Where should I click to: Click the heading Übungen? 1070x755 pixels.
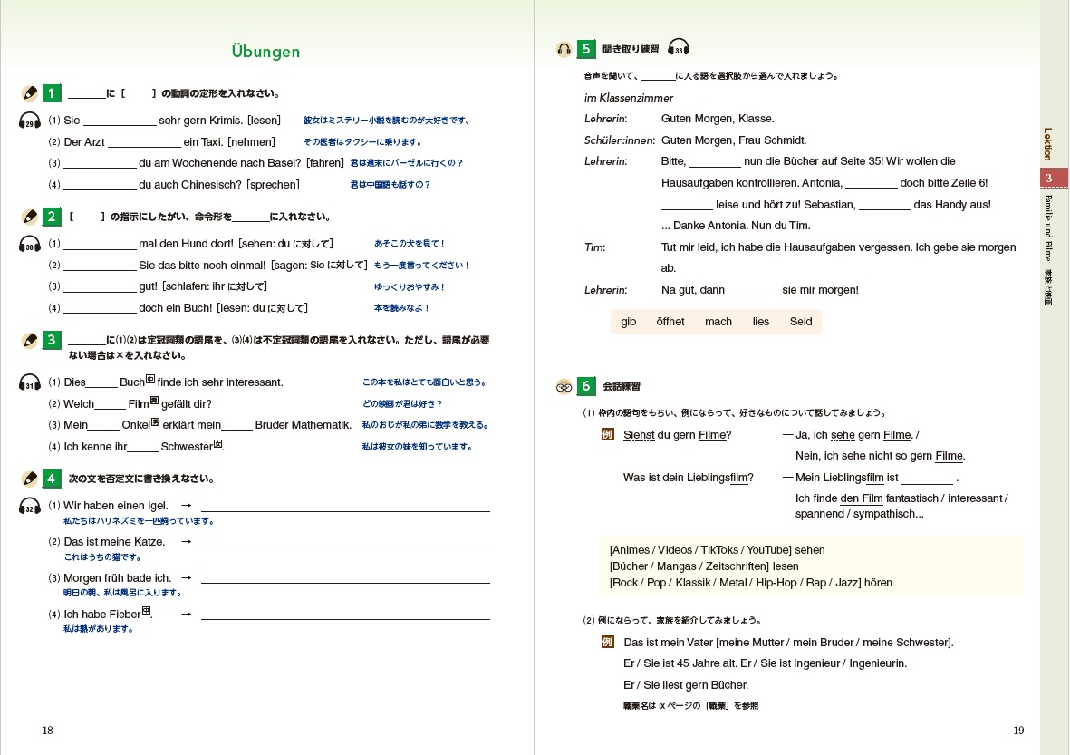(x=265, y=52)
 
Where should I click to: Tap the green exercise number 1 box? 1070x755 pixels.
(x=52, y=92)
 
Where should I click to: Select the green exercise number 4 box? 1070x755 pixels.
(x=52, y=478)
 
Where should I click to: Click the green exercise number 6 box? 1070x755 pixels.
(x=585, y=386)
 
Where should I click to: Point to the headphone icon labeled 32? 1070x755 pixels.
(x=30, y=507)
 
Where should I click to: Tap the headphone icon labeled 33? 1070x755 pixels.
(x=679, y=48)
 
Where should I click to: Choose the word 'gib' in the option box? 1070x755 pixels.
(x=629, y=322)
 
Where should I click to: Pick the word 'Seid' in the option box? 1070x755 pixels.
(x=801, y=322)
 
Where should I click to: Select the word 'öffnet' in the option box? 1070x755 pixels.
(x=670, y=322)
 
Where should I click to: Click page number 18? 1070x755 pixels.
(x=47, y=731)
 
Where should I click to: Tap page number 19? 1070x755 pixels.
(x=1018, y=731)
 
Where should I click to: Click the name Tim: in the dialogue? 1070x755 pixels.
(x=595, y=247)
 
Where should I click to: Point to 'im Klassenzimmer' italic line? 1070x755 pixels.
(x=629, y=97)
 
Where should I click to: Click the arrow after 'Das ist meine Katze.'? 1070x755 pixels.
(x=186, y=542)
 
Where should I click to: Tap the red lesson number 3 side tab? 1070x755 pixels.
(x=1048, y=179)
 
